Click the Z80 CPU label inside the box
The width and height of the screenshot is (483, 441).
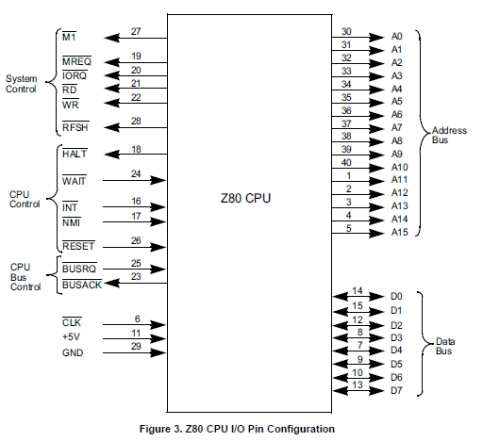(245, 198)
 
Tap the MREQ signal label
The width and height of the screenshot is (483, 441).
(76, 61)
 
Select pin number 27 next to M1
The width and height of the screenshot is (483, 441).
(136, 31)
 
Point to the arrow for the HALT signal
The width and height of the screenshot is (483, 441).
(136, 155)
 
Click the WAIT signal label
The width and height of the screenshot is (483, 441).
(75, 181)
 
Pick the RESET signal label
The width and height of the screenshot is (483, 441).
(78, 246)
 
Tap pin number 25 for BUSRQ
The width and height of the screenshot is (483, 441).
(136, 263)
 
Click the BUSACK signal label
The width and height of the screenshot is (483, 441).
(82, 285)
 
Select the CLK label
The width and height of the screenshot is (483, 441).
(72, 322)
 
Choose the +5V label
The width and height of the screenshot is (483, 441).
(72, 336)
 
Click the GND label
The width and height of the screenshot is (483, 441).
(73, 352)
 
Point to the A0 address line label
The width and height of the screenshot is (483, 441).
(396, 37)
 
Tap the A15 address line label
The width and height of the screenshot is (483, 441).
(399, 232)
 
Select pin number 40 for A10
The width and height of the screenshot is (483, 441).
(346, 162)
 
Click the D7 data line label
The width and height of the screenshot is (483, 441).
(396, 390)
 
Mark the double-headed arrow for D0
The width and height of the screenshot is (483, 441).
(358, 296)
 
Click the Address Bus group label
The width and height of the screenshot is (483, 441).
(449, 135)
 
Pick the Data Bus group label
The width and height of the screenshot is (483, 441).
(445, 346)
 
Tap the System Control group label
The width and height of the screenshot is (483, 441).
(21, 84)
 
